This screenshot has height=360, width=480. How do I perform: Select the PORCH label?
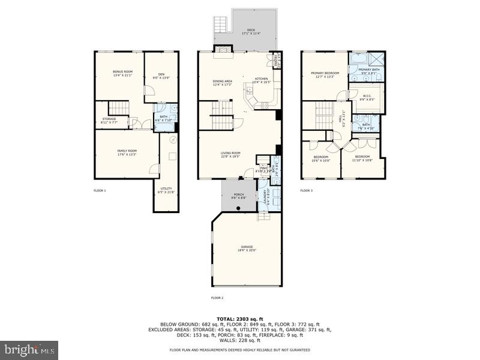239,195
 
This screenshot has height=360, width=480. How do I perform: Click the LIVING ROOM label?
231,154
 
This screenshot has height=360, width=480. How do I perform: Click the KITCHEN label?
262,80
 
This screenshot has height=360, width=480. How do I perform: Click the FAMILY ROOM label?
127,152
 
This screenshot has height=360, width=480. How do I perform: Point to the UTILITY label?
166,190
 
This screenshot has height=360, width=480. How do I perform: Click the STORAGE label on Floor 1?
109,120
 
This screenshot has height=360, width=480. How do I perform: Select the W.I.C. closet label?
368,97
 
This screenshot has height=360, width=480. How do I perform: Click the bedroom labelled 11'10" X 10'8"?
362,158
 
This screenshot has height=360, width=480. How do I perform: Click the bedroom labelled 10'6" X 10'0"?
320,158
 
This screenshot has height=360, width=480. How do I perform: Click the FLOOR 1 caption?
100,190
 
